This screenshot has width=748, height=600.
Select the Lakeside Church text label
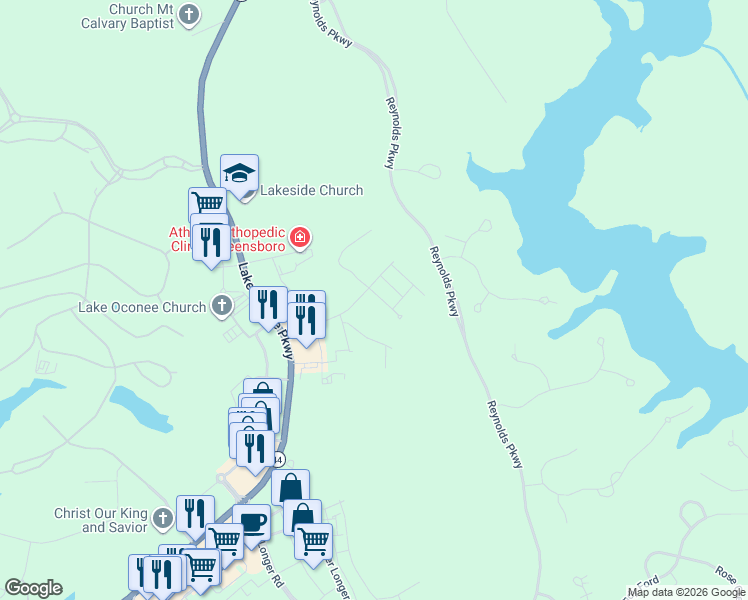click(311, 190)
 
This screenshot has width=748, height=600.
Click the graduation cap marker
click(240, 174)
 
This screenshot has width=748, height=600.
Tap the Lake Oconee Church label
click(142, 307)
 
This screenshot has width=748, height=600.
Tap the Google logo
click(33, 588)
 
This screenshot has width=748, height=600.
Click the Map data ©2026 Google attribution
click(685, 592)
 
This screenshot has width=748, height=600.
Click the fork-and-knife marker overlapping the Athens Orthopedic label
click(211, 241)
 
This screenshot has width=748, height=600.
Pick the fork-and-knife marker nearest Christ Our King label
click(195, 514)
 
